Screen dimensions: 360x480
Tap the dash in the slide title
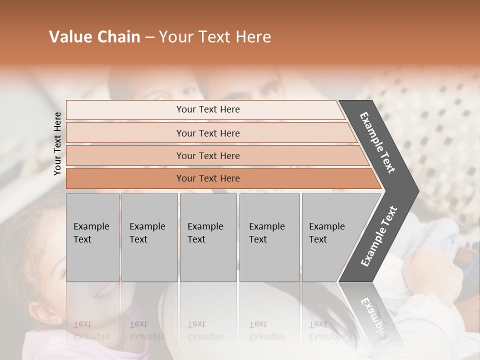coord(149,37)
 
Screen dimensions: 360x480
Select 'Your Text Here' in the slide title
coord(215,37)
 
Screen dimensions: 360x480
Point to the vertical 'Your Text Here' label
coord(57,143)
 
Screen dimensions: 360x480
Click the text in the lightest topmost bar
coord(208,109)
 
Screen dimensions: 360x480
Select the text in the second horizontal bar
coord(208,133)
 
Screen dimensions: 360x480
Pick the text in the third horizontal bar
coord(208,155)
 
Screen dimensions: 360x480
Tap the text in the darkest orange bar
coord(208,178)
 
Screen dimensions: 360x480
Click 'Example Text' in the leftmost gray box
coord(91,233)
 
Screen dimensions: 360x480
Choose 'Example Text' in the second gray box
coord(147,233)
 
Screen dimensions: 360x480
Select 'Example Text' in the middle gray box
coord(205,233)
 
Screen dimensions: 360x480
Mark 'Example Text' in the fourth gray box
coord(266,233)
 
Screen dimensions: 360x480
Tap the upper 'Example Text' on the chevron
coord(377,142)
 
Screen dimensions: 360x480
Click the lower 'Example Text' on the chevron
coord(378,236)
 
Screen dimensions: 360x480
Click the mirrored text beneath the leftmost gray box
coord(91,330)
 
